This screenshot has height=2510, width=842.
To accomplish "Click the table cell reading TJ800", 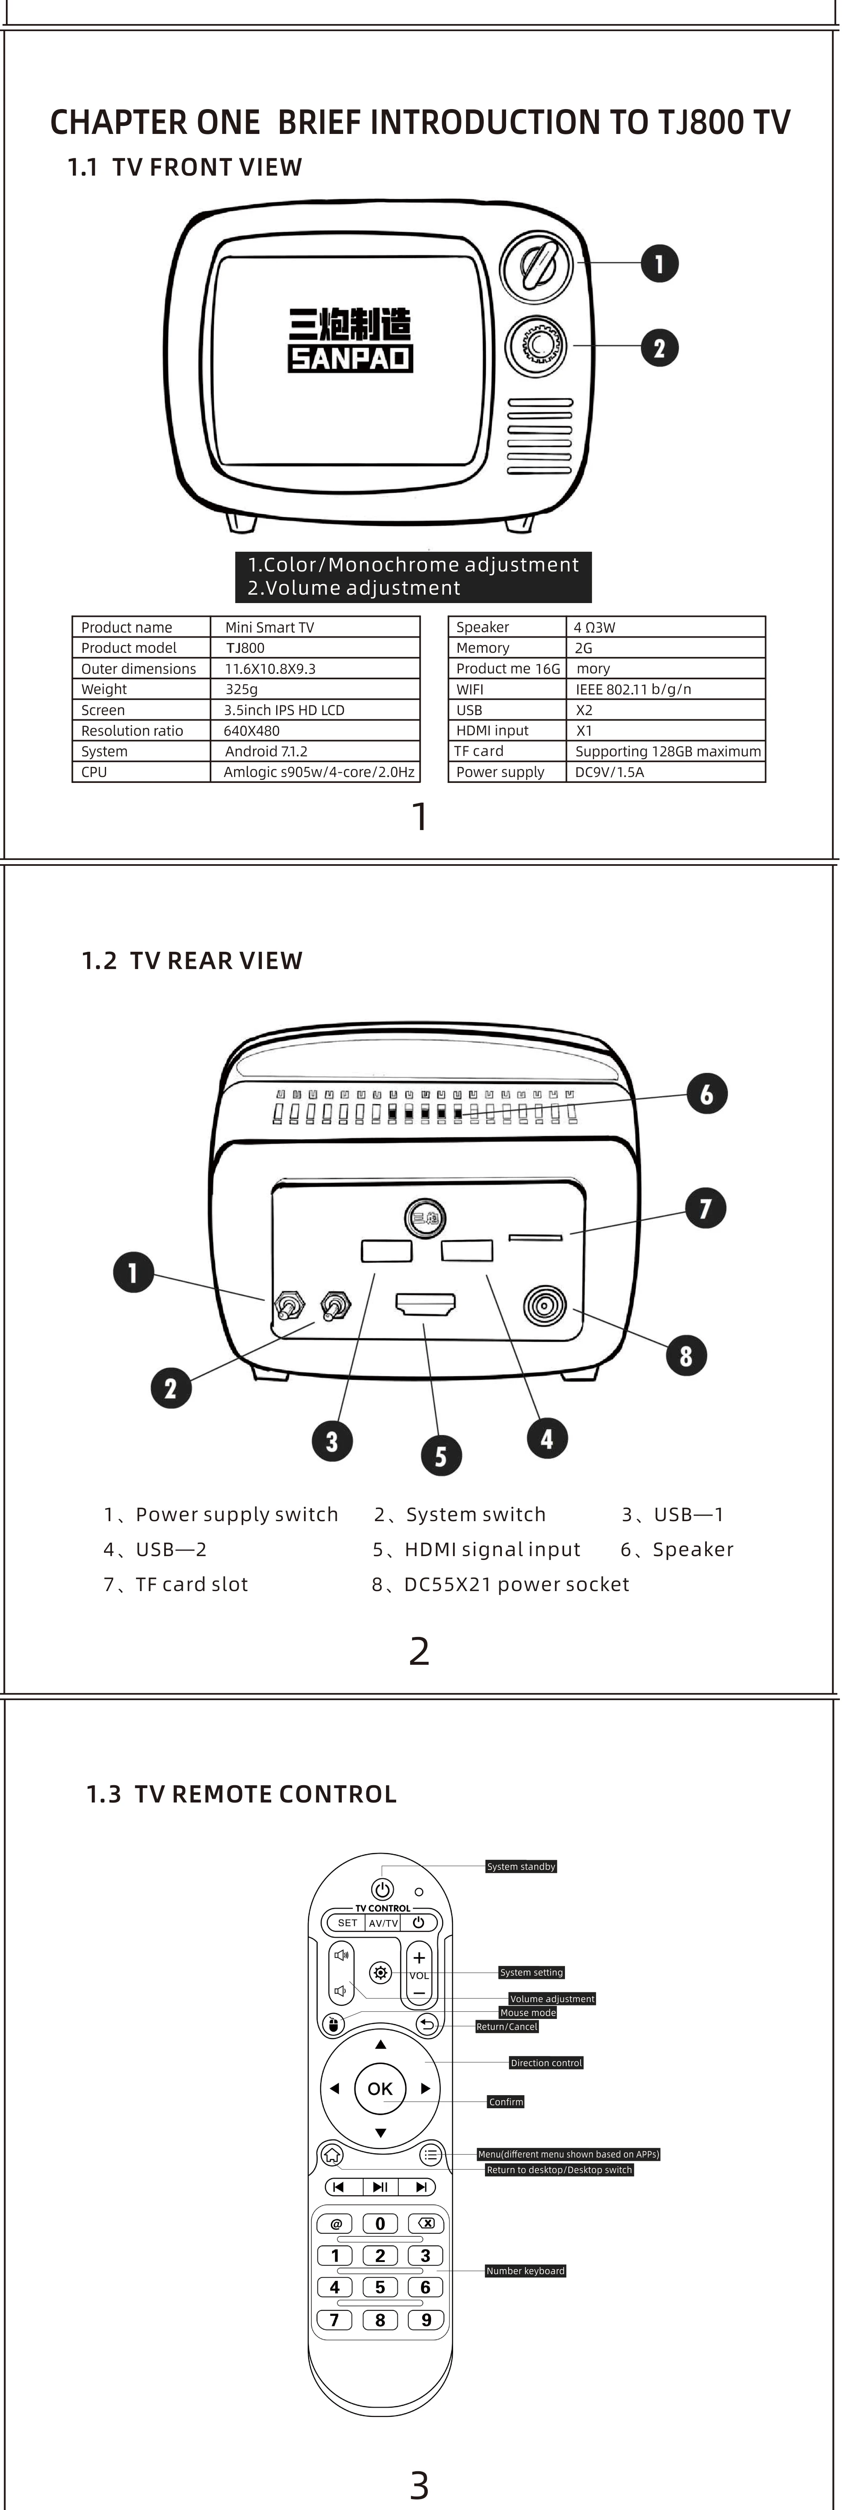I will click(x=245, y=648).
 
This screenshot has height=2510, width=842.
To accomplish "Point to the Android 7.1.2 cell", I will click(x=266, y=751).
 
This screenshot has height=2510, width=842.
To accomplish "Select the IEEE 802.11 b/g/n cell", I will click(x=634, y=689).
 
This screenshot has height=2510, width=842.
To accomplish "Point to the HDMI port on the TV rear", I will click(x=425, y=1304).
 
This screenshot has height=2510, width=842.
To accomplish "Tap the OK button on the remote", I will click(x=380, y=2088).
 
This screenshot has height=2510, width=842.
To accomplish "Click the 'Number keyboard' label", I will click(x=525, y=2270).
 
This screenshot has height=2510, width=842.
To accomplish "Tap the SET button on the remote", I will click(x=347, y=1923).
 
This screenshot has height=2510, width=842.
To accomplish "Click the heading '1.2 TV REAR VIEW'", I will click(x=192, y=961).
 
